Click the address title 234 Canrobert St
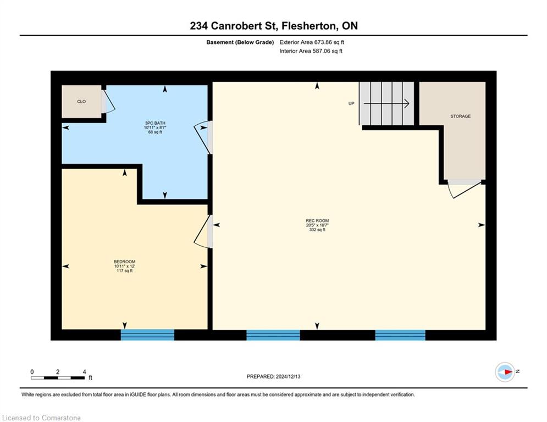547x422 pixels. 273,26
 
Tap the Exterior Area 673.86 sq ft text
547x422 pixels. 312,42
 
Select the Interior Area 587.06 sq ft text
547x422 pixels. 311,51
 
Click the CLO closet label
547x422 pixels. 81,102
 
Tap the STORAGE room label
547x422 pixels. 460,116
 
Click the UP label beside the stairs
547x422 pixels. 351,103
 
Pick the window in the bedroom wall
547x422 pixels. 147,335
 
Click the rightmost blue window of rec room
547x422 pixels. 400,335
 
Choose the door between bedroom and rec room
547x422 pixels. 204,231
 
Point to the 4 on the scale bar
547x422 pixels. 84,372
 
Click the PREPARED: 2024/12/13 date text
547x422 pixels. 274,376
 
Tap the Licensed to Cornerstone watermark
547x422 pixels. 42,418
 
